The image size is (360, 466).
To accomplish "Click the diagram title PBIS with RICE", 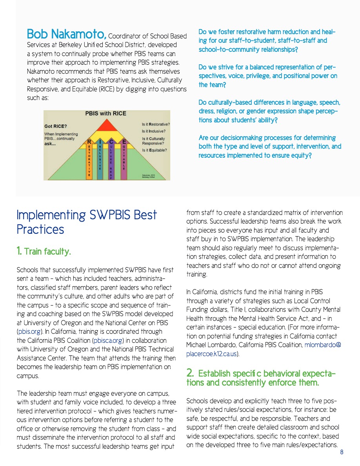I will pyautogui.click(x=106, y=113).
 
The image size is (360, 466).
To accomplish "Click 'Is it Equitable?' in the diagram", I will pyautogui.click(x=155, y=150).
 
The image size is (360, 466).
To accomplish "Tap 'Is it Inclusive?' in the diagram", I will pyautogui.click(x=153, y=131).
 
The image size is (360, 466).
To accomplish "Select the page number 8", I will pyautogui.click(x=342, y=452).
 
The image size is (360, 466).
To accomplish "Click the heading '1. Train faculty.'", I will pyautogui.click(x=44, y=251).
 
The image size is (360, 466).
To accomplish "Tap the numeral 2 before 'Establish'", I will pyautogui.click(x=190, y=373).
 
